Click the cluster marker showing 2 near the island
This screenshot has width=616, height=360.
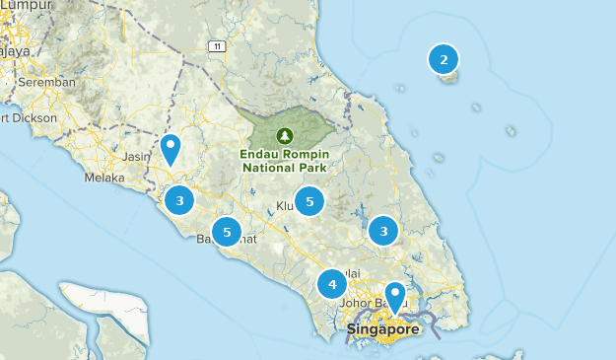click(x=444, y=60)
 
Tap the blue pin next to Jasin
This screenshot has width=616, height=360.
click(x=171, y=149)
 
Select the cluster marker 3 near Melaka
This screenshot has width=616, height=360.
click(x=179, y=201)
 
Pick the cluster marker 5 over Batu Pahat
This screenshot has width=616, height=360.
click(x=228, y=232)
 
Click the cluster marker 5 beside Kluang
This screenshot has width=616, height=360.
click(x=309, y=201)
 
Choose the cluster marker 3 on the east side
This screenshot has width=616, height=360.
click(x=382, y=231)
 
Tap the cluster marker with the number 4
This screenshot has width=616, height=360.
click(x=332, y=285)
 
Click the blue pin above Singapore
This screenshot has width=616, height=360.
click(x=395, y=295)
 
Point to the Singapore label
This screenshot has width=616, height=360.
click(x=382, y=328)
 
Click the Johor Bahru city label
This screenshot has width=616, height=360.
click(x=367, y=303)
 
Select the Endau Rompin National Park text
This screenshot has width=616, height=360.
click(x=284, y=160)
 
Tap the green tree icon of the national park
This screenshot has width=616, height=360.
click(x=285, y=134)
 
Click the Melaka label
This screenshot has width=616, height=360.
click(x=105, y=179)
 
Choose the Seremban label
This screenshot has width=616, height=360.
click(x=47, y=82)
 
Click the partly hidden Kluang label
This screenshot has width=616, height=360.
click(x=285, y=206)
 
